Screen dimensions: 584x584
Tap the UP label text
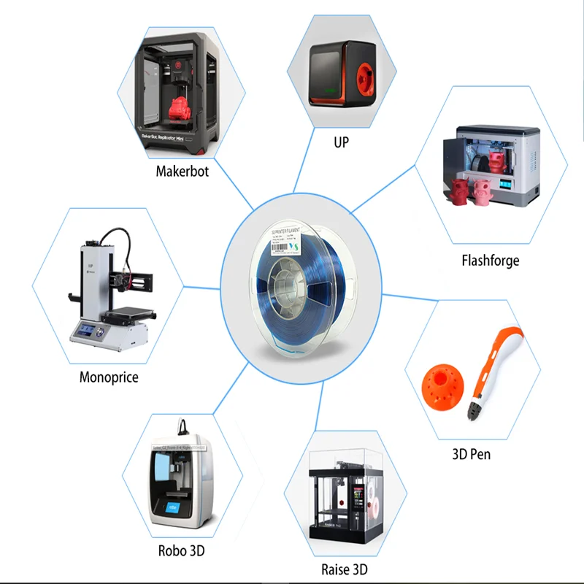[341, 142]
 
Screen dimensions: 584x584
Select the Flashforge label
[490, 260]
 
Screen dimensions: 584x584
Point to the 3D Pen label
[471, 454]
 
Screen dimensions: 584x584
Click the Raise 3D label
[344, 569]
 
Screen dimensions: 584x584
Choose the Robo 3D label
[182, 551]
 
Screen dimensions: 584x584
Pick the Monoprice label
[109, 377]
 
